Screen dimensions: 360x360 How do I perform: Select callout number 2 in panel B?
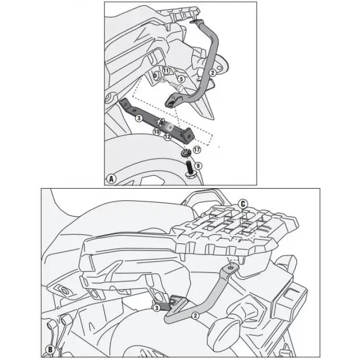coord(195,313)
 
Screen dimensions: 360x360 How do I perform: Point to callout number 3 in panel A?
coord(139,118)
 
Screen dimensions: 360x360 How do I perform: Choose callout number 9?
coord(199,165)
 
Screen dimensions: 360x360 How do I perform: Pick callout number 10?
coord(156,132)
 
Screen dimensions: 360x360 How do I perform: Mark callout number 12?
coord(167,136)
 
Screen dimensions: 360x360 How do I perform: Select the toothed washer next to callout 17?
coord(187,153)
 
